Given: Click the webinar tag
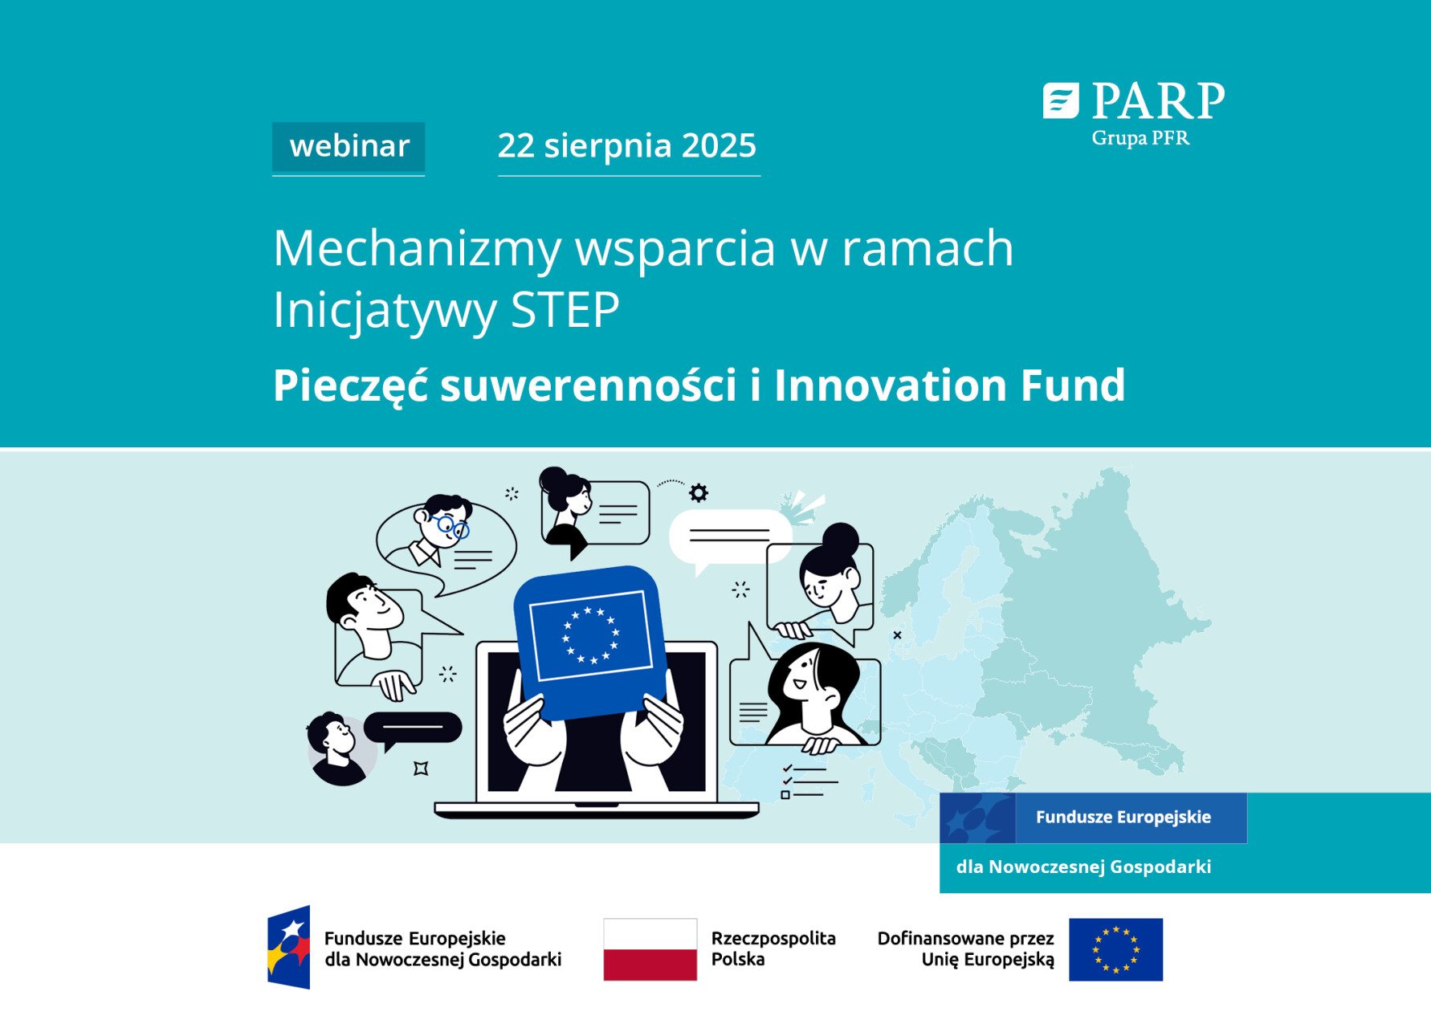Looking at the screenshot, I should point(349,147).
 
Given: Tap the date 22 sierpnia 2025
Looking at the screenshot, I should point(627,146).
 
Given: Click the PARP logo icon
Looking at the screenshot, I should point(1060,101).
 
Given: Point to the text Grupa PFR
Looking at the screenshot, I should point(1140,138).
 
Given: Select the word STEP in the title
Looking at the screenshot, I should point(565,310).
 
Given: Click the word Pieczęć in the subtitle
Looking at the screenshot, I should point(350,385).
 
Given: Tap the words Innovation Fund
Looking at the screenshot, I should point(949,385).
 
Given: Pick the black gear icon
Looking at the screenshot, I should point(699,492).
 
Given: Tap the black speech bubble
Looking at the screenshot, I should point(413,728).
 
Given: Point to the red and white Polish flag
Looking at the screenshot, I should point(650,949).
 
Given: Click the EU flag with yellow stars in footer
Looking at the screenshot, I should point(1115,949).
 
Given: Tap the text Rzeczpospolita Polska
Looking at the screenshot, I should point(773,948).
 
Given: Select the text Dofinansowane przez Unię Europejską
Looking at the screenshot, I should point(965,948).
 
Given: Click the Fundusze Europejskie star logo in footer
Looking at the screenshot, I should point(289,948).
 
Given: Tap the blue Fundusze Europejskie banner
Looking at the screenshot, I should point(1123,818).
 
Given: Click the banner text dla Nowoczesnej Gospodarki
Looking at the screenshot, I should point(1083,867).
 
